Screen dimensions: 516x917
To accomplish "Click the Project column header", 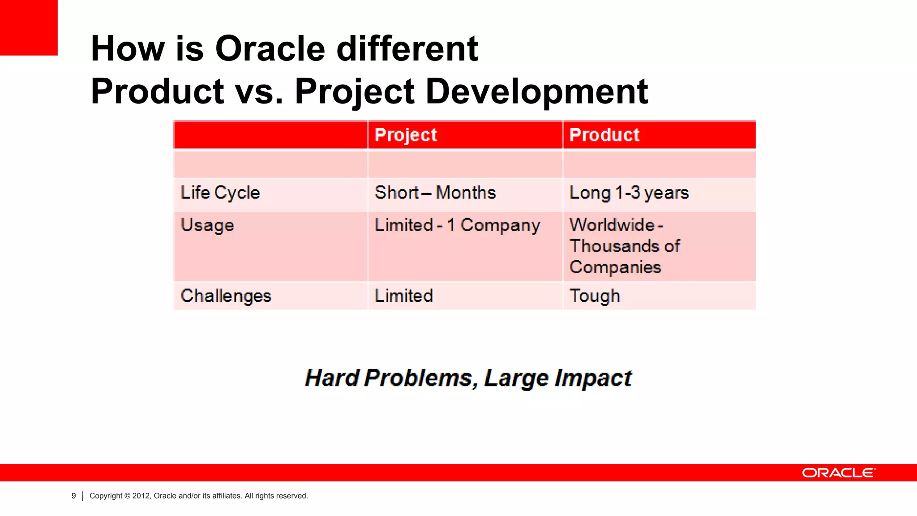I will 406,135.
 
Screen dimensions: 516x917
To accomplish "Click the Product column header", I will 604,135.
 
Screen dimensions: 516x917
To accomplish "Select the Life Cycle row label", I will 220,193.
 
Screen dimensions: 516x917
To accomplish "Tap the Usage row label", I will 207,225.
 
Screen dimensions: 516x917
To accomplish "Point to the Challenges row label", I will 226,296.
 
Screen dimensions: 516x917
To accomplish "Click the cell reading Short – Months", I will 435,193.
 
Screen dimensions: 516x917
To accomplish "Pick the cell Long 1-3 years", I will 629,193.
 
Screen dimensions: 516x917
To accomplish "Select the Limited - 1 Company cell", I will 457,225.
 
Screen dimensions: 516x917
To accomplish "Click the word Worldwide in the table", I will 612,225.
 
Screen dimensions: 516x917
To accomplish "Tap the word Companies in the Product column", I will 615,267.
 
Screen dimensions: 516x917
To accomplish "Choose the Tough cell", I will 595,296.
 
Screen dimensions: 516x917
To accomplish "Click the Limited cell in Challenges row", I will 404,296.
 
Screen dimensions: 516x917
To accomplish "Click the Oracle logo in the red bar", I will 839,473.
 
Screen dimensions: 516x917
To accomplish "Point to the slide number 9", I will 74,496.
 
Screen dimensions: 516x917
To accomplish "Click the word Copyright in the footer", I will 106,496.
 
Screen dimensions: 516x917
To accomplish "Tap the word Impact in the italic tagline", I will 593,378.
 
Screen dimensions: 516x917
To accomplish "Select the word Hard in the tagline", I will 332,378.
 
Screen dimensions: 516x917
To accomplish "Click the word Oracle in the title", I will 270,48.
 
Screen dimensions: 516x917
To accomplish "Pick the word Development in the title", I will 536,91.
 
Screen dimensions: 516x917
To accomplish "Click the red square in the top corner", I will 29,27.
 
